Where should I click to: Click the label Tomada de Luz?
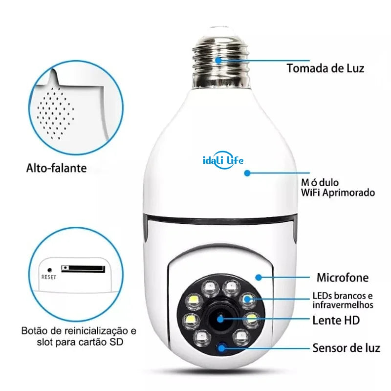(x=325, y=67)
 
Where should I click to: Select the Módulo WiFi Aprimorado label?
(x=338, y=188)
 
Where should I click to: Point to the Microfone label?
(x=343, y=278)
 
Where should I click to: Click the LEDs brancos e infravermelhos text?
(x=343, y=300)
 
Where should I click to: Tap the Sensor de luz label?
(x=346, y=348)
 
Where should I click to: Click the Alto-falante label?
(x=56, y=169)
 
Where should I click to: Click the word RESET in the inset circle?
(x=49, y=277)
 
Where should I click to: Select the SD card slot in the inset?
(x=83, y=269)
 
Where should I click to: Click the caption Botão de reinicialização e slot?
(x=79, y=336)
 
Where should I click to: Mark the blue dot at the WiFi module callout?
(x=247, y=173)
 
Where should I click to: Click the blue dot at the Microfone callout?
(x=259, y=277)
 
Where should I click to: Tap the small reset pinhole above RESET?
(x=49, y=269)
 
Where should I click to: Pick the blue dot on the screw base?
(x=219, y=60)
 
